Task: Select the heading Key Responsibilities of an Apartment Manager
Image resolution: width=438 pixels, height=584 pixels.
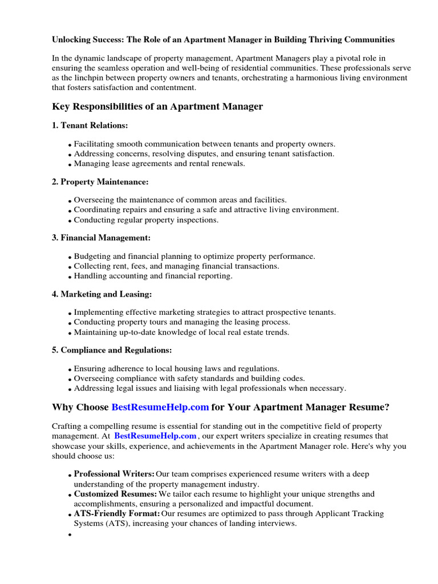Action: coord(157,106)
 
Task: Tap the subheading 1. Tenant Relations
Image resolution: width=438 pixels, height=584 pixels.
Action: coord(90,125)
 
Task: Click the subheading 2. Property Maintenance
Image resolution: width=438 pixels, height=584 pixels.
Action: coord(100,181)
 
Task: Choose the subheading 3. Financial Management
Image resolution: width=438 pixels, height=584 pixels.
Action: coord(102,237)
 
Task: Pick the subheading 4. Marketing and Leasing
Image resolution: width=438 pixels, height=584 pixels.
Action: coord(102,294)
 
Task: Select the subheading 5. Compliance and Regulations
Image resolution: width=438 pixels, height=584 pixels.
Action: coord(112,350)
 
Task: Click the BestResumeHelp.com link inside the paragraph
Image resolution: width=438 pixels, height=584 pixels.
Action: coord(155,436)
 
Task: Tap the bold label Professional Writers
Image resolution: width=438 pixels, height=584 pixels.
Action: coord(114,474)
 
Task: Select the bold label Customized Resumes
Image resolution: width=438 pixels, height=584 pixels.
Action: coord(115,494)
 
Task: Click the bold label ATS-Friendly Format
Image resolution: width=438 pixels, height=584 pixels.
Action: coord(117,513)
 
